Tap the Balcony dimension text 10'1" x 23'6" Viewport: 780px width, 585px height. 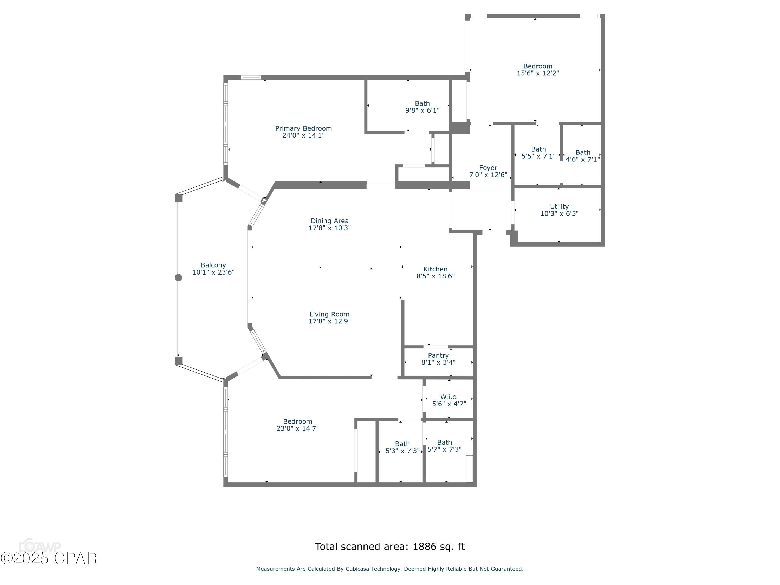tap(213, 272)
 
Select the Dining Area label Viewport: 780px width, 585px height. tap(329, 221)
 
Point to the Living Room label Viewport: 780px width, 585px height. tap(329, 314)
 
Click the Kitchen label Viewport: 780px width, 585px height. tap(435, 269)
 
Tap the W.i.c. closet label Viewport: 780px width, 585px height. tap(448, 397)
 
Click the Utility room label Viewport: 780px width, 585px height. tap(559, 207)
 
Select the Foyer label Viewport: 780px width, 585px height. tap(488, 168)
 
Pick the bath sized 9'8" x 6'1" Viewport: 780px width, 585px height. tap(422, 107)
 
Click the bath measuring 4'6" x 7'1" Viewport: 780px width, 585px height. tap(583, 156)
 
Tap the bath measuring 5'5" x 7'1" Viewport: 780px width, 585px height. tap(538, 153)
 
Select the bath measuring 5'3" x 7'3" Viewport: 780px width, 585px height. tap(402, 447)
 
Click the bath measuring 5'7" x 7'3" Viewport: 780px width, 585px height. tap(444, 446)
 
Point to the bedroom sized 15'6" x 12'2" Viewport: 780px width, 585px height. tap(537, 69)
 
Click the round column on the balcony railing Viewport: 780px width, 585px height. tap(179, 277)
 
